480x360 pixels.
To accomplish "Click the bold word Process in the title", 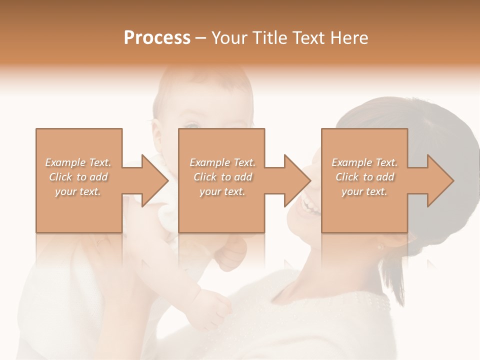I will tap(157, 38).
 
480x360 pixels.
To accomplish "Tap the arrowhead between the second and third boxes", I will tap(297, 180).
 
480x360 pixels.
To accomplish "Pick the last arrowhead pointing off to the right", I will tap(440, 180).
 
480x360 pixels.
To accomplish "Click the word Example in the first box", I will tap(65, 162).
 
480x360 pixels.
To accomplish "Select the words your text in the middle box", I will tap(221, 191).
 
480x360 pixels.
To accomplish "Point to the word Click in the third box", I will tap(347, 177).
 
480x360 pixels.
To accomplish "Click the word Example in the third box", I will tap(351, 162).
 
